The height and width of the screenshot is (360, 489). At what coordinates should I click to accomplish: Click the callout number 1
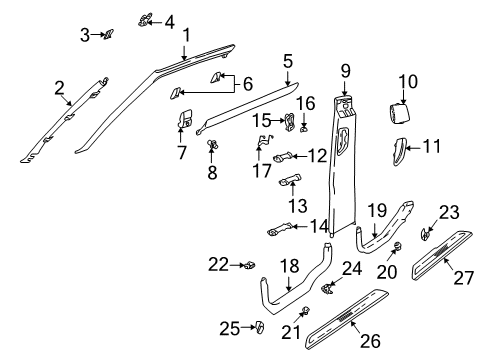[187, 35]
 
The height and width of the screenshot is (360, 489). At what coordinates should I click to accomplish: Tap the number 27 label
[463, 278]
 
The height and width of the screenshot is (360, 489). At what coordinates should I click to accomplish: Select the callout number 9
[345, 71]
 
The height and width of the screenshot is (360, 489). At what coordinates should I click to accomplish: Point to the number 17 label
[262, 171]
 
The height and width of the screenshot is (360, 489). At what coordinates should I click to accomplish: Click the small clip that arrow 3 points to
[108, 34]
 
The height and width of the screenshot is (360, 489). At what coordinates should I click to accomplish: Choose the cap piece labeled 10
[399, 113]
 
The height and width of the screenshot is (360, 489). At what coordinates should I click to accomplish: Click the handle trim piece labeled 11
[399, 152]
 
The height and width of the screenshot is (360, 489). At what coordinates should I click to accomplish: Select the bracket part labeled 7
[184, 118]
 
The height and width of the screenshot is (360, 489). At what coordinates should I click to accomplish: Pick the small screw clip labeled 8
[213, 144]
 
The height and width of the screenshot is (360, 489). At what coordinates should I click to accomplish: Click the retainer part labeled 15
[289, 122]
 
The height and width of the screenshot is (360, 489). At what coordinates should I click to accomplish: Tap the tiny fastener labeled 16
[304, 129]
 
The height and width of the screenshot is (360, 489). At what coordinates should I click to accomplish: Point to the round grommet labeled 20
[398, 247]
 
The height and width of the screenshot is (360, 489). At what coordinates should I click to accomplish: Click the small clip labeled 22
[251, 265]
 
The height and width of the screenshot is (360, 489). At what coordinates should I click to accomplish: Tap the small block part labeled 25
[260, 327]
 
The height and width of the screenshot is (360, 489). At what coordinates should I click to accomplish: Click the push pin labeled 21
[305, 311]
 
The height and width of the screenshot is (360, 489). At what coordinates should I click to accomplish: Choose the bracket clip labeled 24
[327, 288]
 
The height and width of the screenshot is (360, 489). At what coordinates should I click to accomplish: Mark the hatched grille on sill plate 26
[347, 317]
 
